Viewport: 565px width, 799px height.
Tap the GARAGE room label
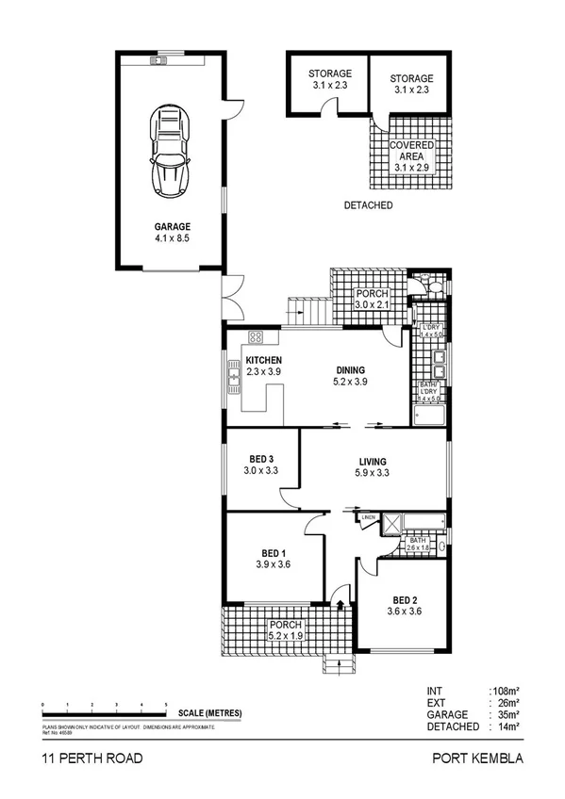point(173,227)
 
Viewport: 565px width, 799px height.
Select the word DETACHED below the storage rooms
point(368,205)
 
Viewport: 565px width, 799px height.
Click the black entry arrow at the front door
point(340,603)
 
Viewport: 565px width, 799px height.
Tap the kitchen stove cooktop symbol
point(255,337)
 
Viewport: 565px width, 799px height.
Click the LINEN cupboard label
point(368,517)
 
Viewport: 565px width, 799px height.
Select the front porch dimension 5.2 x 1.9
point(285,636)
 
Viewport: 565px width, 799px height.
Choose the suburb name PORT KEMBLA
point(476,758)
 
